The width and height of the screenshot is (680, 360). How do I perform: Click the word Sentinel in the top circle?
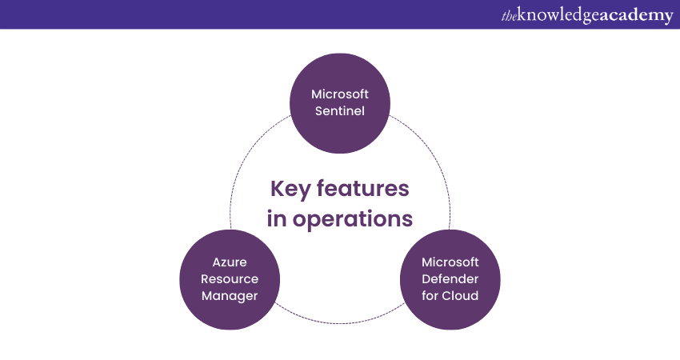click(x=340, y=111)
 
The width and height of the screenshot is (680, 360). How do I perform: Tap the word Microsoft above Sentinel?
click(x=340, y=94)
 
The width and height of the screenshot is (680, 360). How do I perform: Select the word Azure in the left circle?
click(x=230, y=262)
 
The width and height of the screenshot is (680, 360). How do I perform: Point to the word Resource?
click(x=230, y=278)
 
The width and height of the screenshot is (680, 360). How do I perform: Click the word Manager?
click(x=230, y=295)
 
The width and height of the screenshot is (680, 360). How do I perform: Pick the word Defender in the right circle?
click(x=450, y=278)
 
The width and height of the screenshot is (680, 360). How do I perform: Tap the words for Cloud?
click(x=450, y=295)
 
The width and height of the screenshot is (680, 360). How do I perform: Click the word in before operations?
click(x=276, y=218)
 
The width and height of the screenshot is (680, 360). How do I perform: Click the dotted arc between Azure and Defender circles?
click(x=340, y=322)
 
